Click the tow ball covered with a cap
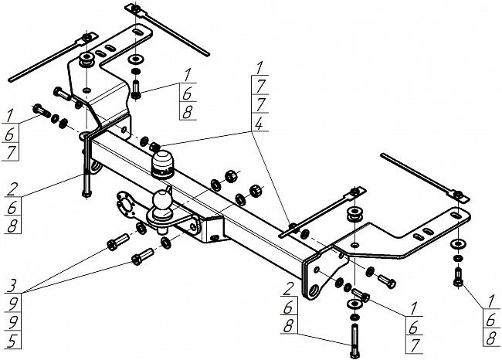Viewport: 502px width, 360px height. pyautogui.click(x=162, y=163)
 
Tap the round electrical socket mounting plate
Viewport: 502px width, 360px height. pyautogui.click(x=125, y=205)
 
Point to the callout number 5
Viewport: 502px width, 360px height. pyautogui.click(x=12, y=341)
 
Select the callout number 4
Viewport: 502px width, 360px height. pyautogui.click(x=259, y=123)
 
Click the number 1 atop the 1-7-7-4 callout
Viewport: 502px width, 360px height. pyautogui.click(x=260, y=69)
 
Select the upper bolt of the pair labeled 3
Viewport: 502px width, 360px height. pyautogui.click(x=117, y=242)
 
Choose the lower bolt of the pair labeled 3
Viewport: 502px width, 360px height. pyautogui.click(x=142, y=256)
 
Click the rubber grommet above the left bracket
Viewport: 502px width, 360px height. pyautogui.click(x=86, y=60)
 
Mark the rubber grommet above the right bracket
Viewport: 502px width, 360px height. pyautogui.click(x=355, y=214)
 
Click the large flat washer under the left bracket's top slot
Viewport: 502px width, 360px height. pyautogui.click(x=136, y=59)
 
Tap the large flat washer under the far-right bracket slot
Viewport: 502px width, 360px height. pyautogui.click(x=458, y=244)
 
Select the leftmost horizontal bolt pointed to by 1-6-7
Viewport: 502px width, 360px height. pyautogui.click(x=42, y=110)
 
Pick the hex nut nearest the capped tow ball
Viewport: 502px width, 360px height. pyautogui.click(x=155, y=147)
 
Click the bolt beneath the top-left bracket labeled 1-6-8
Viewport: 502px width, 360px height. pyautogui.click(x=136, y=90)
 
